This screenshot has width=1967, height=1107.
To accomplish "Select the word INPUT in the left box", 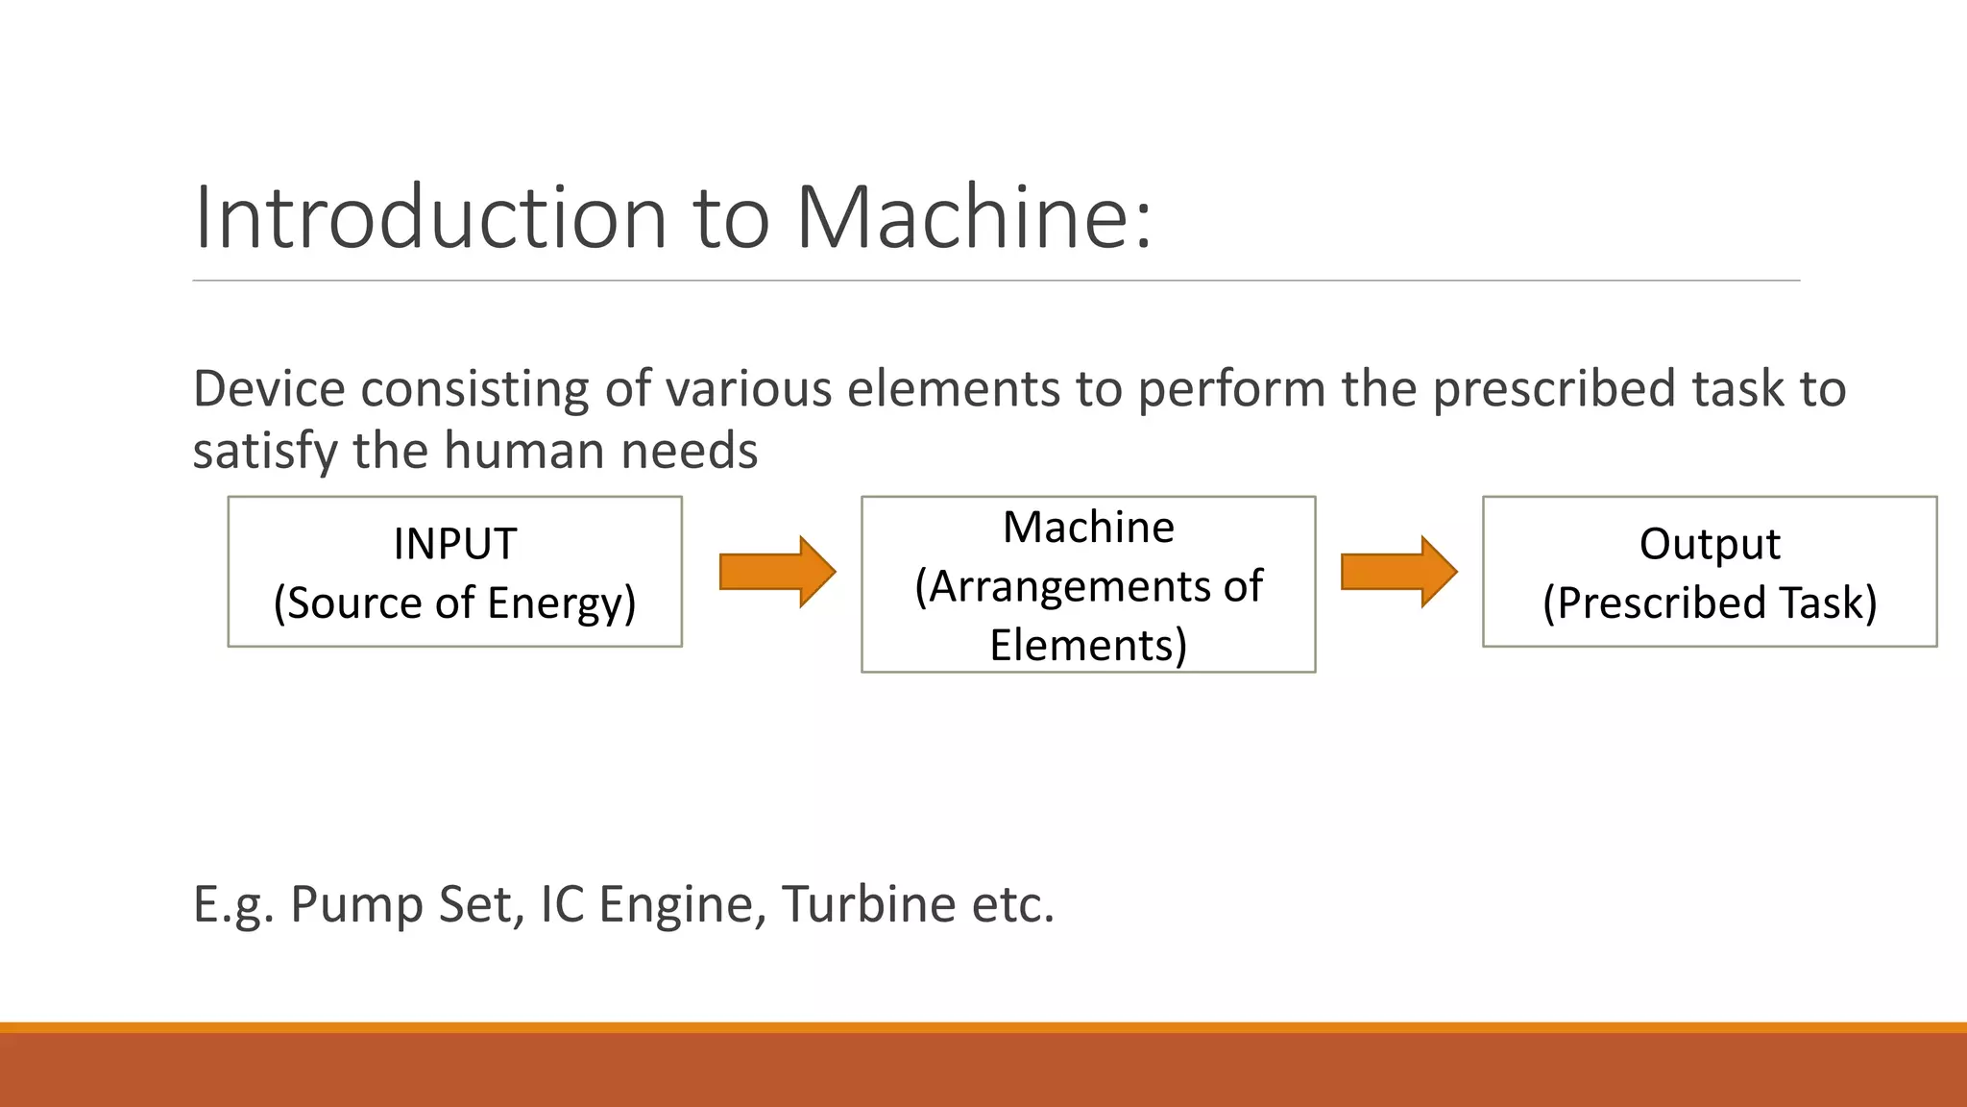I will click(454, 544).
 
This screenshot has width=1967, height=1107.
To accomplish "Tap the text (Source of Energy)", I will click(454, 603).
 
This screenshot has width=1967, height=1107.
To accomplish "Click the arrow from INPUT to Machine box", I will click(776, 572).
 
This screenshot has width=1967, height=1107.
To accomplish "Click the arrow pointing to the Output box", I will click(1397, 572).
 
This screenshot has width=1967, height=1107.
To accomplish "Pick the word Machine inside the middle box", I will click(1088, 528).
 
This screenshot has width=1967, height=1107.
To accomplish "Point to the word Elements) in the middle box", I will click(1088, 645).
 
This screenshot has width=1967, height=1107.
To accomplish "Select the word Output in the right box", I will click(1709, 544).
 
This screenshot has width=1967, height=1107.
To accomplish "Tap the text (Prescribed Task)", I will click(1709, 603).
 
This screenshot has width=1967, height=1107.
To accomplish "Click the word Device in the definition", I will click(269, 389).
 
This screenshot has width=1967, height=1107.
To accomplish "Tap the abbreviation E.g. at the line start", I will click(233, 905).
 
